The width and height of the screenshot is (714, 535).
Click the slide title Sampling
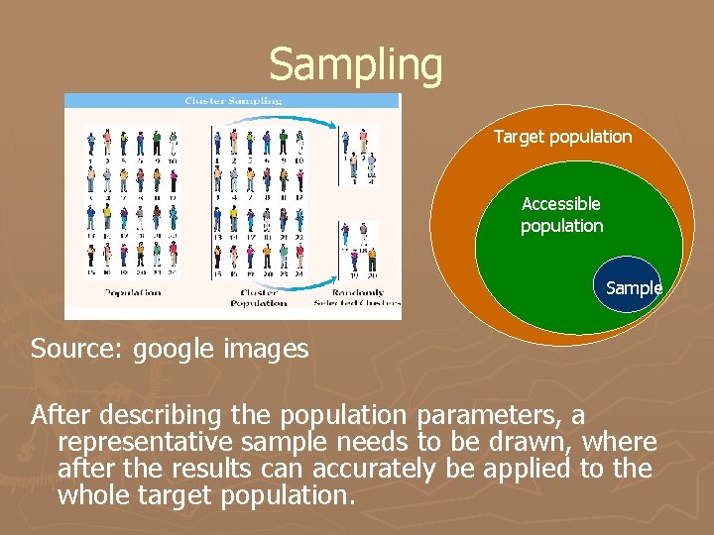[x=356, y=64]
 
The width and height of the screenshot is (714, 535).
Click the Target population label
[x=562, y=137]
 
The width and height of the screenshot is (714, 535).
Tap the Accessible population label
[x=561, y=214]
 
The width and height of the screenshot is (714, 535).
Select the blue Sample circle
[x=632, y=284]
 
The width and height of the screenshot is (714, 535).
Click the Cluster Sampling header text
[x=233, y=100]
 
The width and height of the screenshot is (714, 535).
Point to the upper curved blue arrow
[x=288, y=124]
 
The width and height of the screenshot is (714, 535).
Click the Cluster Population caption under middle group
[x=260, y=297]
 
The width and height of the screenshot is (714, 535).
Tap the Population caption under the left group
[x=133, y=292]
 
